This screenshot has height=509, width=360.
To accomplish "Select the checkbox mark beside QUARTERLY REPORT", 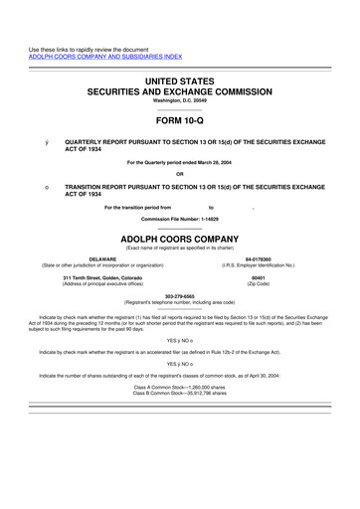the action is pos(34,142).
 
